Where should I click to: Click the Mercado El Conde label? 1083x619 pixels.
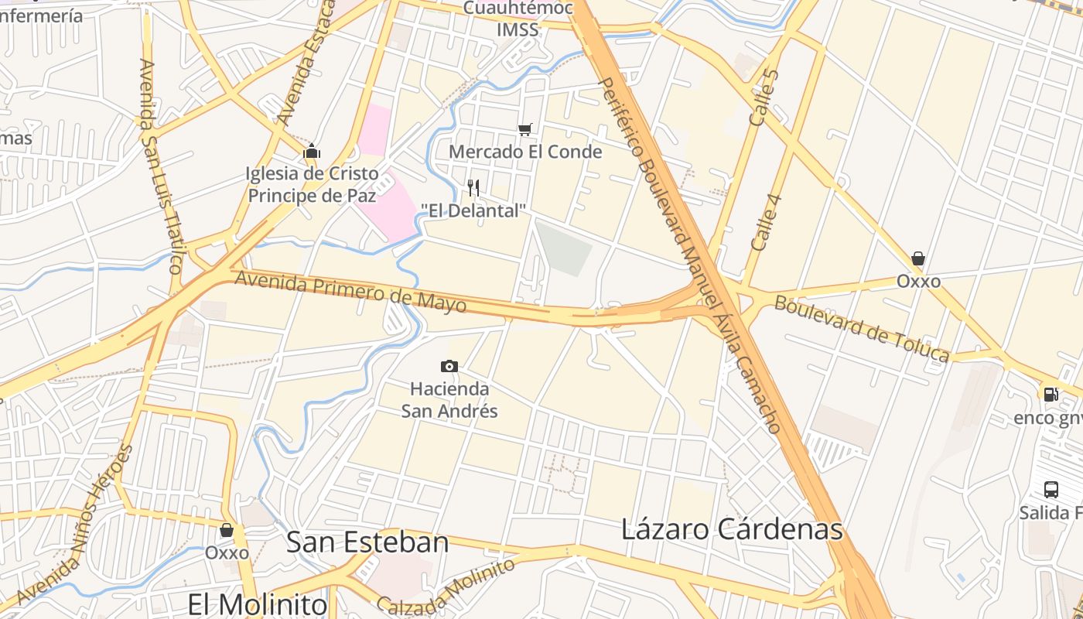pyautogui.click(x=525, y=152)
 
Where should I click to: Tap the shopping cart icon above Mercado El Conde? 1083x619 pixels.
pyautogui.click(x=525, y=129)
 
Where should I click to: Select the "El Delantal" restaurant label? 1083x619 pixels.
pyautogui.click(x=473, y=210)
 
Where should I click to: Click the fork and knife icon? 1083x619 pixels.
pyautogui.click(x=473, y=187)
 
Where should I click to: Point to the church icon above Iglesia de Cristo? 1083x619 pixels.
pyautogui.click(x=312, y=151)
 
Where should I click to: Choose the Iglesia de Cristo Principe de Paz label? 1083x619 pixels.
pyautogui.click(x=312, y=184)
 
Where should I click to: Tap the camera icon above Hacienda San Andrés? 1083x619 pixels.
pyautogui.click(x=449, y=366)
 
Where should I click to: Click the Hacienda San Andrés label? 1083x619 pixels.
pyautogui.click(x=449, y=399)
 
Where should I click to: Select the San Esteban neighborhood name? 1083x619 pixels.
pyautogui.click(x=367, y=542)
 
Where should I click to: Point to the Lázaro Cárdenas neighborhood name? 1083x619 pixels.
pyautogui.click(x=732, y=529)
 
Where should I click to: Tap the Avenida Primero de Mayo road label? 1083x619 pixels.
pyautogui.click(x=350, y=291)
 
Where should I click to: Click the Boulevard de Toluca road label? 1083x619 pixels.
pyautogui.click(x=862, y=328)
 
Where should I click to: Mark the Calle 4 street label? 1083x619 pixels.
pyautogui.click(x=767, y=221)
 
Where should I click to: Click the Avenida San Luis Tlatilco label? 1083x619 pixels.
pyautogui.click(x=160, y=166)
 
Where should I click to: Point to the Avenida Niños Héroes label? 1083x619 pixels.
pyautogui.click(x=75, y=526)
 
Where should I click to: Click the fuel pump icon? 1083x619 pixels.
pyautogui.click(x=1051, y=394)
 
